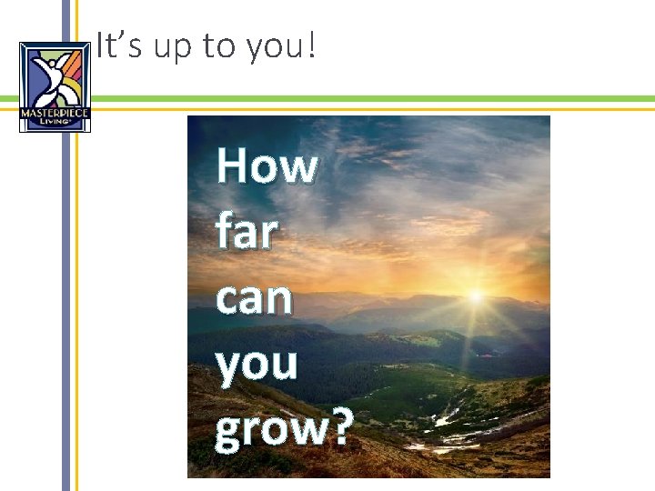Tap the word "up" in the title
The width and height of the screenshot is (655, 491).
(x=170, y=48)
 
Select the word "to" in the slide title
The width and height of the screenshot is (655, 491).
(x=217, y=46)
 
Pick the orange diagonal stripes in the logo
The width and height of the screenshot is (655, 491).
(x=75, y=65)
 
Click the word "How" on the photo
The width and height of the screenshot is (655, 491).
(x=267, y=167)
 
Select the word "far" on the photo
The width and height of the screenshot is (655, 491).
(x=247, y=232)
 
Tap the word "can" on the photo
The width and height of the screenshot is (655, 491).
(x=255, y=298)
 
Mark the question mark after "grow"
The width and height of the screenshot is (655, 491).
(x=339, y=427)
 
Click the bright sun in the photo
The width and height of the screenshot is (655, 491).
(x=475, y=296)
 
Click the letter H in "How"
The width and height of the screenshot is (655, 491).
(x=234, y=167)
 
